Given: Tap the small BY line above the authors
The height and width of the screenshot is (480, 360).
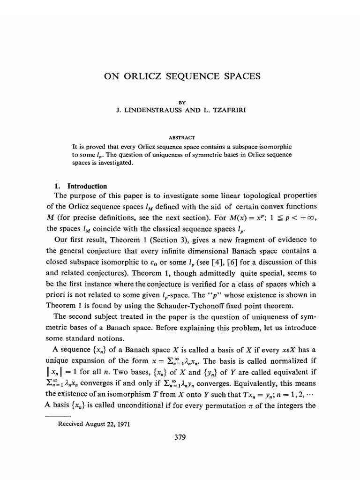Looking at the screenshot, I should (180, 100).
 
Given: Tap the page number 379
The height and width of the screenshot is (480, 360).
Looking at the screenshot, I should (180, 438).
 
